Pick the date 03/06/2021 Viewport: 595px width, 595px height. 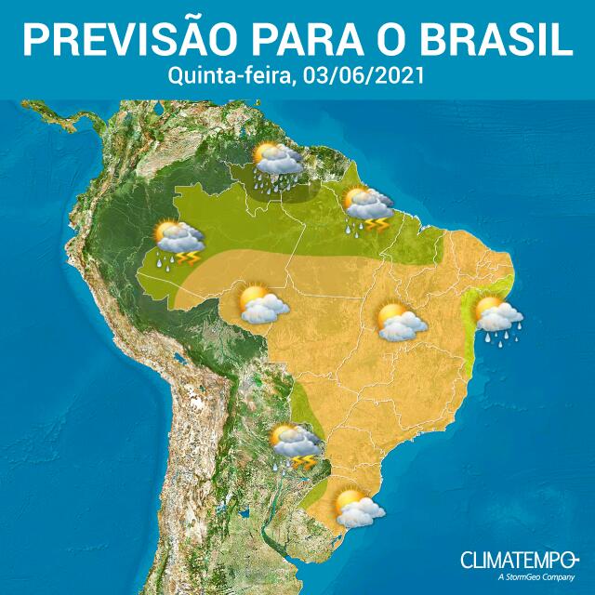pyautogui.click(x=358, y=76)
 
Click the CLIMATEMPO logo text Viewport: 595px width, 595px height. pyautogui.click(x=514, y=559)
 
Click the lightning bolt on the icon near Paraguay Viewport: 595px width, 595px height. pyautogui.click(x=304, y=461)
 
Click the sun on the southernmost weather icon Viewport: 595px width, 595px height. pyautogui.click(x=349, y=500)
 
